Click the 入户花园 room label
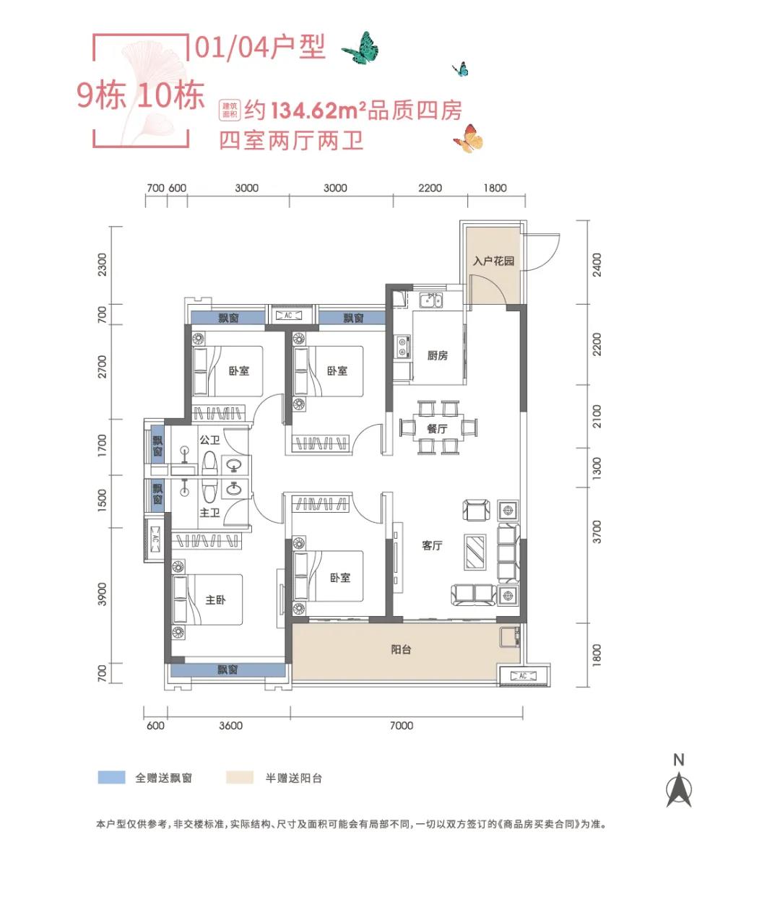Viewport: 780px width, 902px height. pyautogui.click(x=493, y=261)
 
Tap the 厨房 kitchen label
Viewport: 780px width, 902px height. pyautogui.click(x=437, y=355)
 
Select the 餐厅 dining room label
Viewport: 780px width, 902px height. pyautogui.click(x=437, y=429)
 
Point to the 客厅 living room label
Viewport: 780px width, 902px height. pyautogui.click(x=432, y=546)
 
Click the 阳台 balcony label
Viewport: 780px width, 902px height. pyautogui.click(x=401, y=650)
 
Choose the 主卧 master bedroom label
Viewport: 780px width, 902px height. pyautogui.click(x=215, y=600)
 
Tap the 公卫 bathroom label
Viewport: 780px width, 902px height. pyautogui.click(x=209, y=440)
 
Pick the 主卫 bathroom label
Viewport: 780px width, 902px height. pyautogui.click(x=209, y=513)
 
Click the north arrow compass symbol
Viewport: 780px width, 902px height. pyautogui.click(x=678, y=789)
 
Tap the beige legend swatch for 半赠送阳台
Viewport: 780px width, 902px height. pyautogui.click(x=240, y=778)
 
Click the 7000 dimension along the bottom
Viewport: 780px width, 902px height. pyautogui.click(x=401, y=726)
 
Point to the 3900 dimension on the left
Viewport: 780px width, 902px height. pyautogui.click(x=102, y=594)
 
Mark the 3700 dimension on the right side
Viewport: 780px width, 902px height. pyautogui.click(x=597, y=532)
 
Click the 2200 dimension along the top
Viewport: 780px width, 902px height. pyautogui.click(x=430, y=188)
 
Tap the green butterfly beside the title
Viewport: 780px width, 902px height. pyautogui.click(x=361, y=48)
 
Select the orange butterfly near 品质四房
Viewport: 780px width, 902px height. pyautogui.click(x=469, y=139)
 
